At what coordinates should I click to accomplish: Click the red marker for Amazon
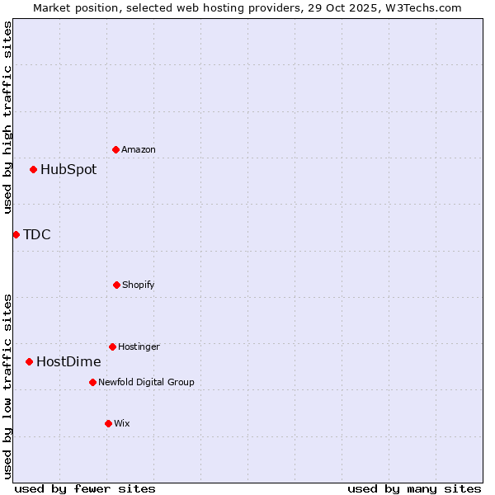116,149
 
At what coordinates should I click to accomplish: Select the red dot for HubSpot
34,170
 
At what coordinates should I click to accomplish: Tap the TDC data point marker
16,235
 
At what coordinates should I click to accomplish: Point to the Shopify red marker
116,285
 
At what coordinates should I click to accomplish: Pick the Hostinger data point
112,346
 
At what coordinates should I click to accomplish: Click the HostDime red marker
30,361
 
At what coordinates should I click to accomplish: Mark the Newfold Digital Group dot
92,382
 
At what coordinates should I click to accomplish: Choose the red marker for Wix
108,423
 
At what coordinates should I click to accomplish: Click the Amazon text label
139,150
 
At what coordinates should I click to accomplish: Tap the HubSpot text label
68,170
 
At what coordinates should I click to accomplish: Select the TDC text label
37,235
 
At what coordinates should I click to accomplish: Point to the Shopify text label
139,285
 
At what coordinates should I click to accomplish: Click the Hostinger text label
139,347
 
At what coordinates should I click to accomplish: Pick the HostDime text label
68,362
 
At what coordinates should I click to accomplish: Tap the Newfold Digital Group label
146,383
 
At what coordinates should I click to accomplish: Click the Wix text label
122,424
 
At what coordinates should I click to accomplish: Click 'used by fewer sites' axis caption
85,488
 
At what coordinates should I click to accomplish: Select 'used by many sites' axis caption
414,488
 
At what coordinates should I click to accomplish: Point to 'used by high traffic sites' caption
7,117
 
